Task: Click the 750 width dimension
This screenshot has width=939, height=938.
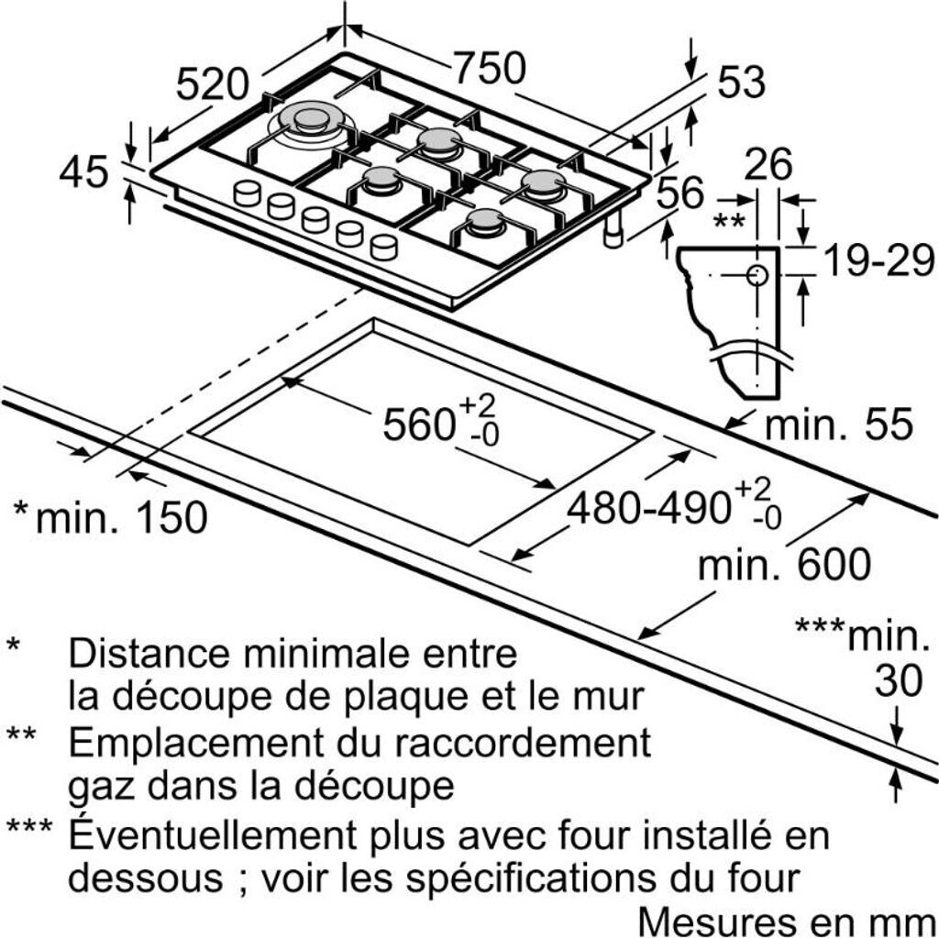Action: [490, 67]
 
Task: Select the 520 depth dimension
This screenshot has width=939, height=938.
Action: [212, 83]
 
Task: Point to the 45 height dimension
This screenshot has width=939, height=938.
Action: [83, 171]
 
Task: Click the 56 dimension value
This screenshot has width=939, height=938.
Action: [680, 192]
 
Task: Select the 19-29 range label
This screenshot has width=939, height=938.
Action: [878, 260]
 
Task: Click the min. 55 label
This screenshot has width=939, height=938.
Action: [839, 424]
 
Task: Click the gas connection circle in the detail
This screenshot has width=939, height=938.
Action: [757, 275]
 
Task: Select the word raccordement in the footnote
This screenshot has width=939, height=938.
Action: [522, 742]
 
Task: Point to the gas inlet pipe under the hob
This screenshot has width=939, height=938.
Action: [614, 231]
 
